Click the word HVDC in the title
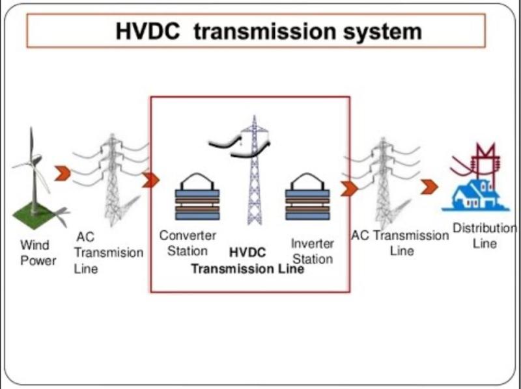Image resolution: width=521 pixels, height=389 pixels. [x=148, y=31]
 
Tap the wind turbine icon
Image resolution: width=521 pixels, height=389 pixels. [x=37, y=179]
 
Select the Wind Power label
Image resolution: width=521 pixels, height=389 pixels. [x=38, y=253]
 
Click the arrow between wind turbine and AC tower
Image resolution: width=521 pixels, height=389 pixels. [x=63, y=174]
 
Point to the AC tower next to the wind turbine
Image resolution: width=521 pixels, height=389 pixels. [x=112, y=180]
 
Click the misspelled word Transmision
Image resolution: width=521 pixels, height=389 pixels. [x=109, y=252]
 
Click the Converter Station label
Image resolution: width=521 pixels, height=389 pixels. [x=188, y=243]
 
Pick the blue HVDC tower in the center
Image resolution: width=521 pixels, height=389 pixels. [x=255, y=170]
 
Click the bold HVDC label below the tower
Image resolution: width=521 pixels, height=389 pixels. [x=247, y=253]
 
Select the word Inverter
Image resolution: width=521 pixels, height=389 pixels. [x=313, y=244]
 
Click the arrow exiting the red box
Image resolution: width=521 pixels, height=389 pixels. [x=349, y=189]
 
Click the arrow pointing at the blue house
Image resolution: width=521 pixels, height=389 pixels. [x=429, y=187]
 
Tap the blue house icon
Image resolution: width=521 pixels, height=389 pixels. [x=475, y=195]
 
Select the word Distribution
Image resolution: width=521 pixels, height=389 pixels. [x=485, y=228]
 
